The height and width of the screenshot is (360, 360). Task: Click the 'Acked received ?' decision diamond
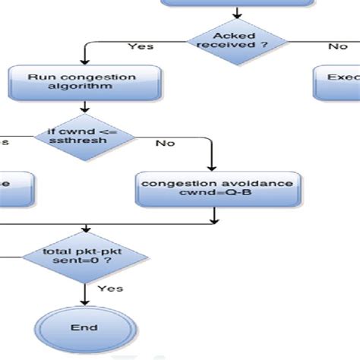[238, 39]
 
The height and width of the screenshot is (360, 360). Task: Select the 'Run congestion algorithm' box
[85, 81]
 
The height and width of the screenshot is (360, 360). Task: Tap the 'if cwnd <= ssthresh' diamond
[85, 137]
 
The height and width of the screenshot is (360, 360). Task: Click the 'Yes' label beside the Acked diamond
[141, 46]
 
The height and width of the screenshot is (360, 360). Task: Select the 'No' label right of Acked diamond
[337, 46]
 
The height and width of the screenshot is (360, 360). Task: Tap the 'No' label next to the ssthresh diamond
[165, 144]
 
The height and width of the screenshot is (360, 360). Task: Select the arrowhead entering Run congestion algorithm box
[84, 62]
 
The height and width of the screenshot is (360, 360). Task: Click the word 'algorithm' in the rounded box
[85, 87]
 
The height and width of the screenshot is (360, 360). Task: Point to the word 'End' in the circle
[84, 327]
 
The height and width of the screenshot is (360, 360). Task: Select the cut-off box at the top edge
[237, 3]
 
